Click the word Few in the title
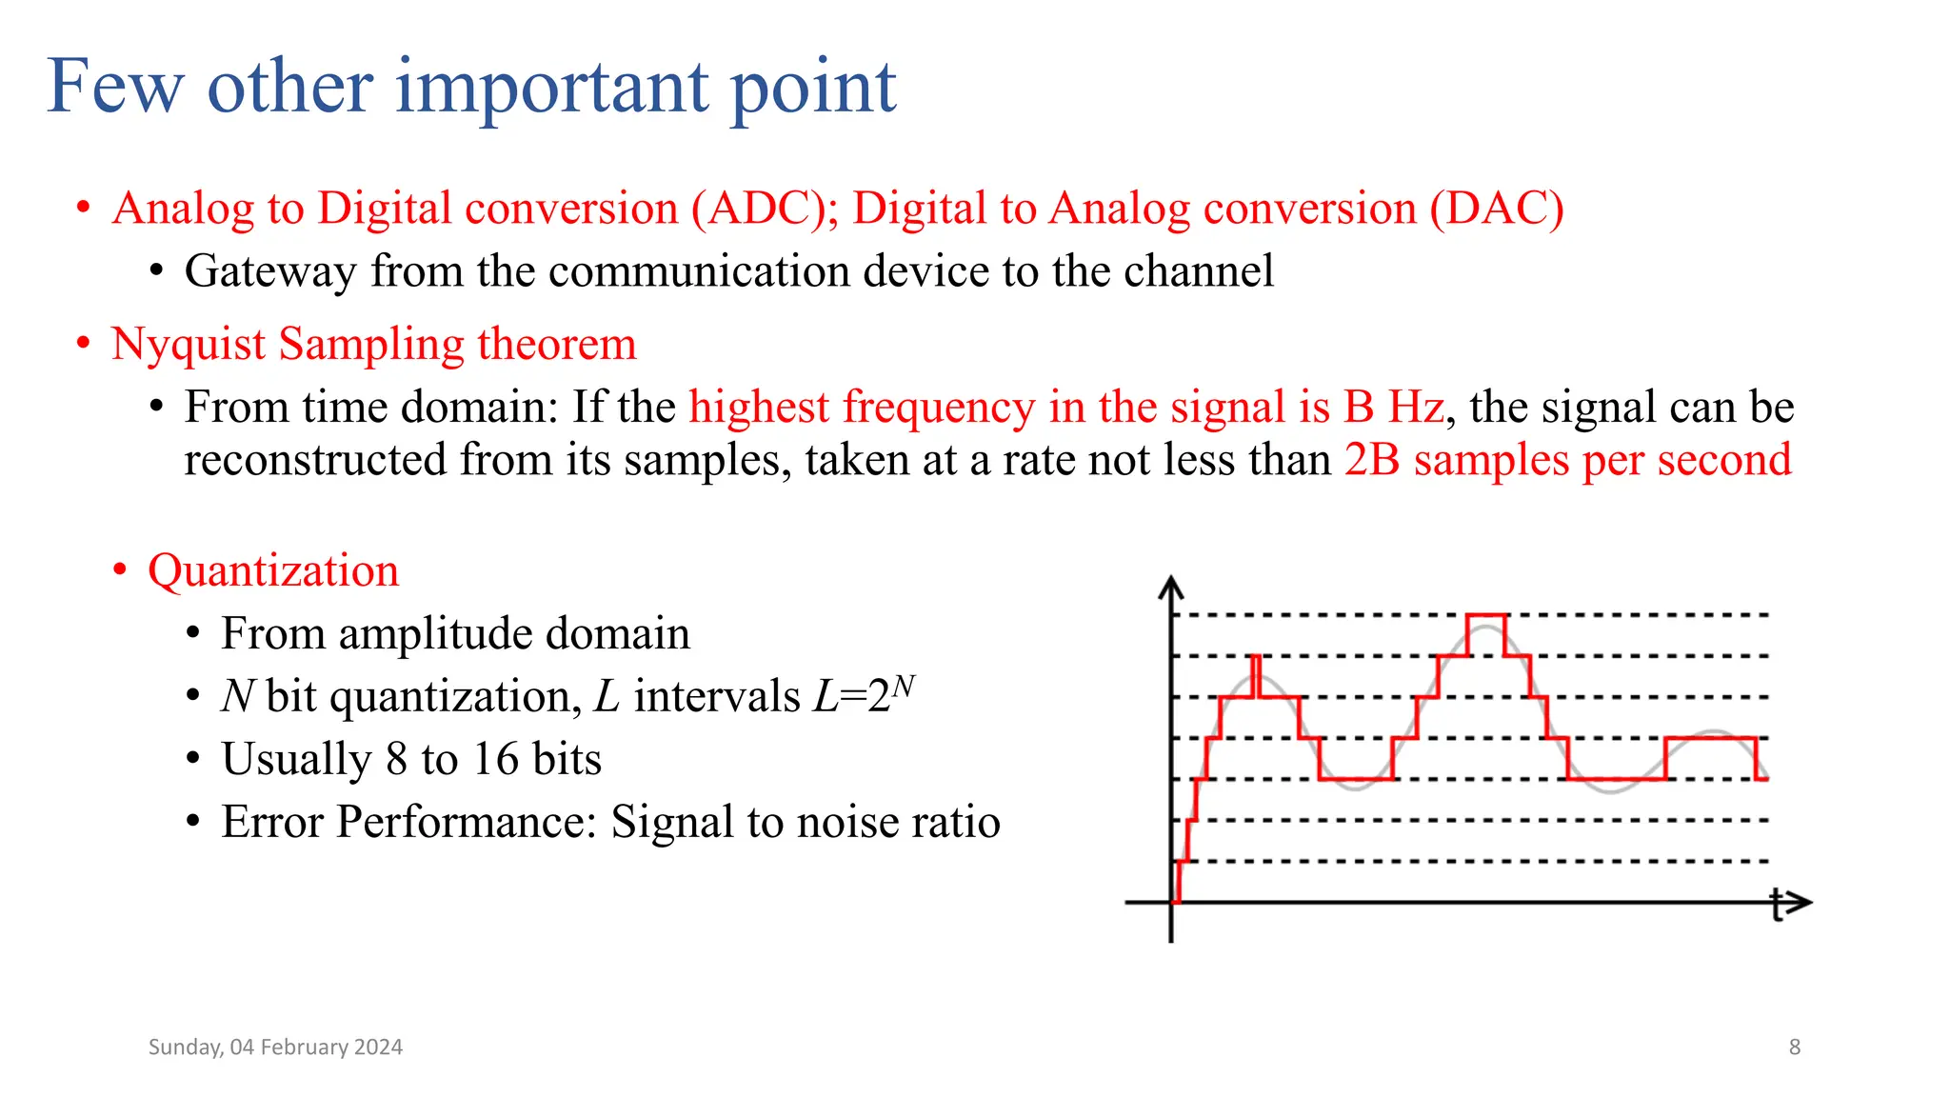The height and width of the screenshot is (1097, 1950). [x=114, y=87]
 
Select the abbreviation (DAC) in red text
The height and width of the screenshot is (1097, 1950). [x=1496, y=209]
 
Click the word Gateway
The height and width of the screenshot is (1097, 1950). [x=270, y=271]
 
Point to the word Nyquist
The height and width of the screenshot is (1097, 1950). [x=188, y=345]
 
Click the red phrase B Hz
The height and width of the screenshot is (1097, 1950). [x=1393, y=408]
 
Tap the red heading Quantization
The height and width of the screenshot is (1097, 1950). [x=273, y=571]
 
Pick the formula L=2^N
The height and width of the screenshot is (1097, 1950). [x=863, y=695]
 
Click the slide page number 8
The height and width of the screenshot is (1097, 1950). [x=1794, y=1047]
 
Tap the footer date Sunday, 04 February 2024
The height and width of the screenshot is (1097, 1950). [x=275, y=1047]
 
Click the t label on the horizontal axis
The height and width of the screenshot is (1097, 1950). [x=1777, y=905]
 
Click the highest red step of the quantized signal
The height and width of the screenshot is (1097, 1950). [x=1485, y=617]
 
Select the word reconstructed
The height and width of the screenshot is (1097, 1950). [x=315, y=461]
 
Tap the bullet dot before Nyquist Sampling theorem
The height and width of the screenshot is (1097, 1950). [x=84, y=343]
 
